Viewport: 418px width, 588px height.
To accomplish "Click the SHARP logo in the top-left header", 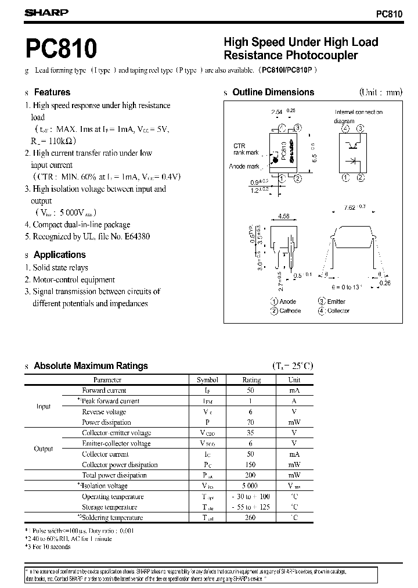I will pyautogui.click(x=46, y=12).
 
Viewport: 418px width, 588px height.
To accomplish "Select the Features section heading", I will pyautogui.click(x=52, y=92).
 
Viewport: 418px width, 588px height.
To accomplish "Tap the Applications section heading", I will pyautogui.click(x=59, y=254).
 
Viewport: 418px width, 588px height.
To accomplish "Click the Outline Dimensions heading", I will pyautogui.click(x=273, y=92).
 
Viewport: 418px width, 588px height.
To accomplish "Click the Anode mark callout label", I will pyautogui.click(x=244, y=167).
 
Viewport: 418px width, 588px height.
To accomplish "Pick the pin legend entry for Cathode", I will pyautogui.click(x=290, y=311).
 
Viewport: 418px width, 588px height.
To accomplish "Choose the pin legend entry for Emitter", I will pyautogui.click(x=336, y=302).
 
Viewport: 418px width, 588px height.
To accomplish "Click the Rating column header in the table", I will pyautogui.click(x=251, y=380).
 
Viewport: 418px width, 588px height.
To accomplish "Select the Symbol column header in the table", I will pyautogui.click(x=207, y=380).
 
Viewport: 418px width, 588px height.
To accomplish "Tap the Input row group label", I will pyautogui.click(x=44, y=407).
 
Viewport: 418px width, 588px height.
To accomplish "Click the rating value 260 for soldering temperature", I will pyautogui.click(x=251, y=518).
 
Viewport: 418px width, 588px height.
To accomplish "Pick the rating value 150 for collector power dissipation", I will pyautogui.click(x=251, y=465).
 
